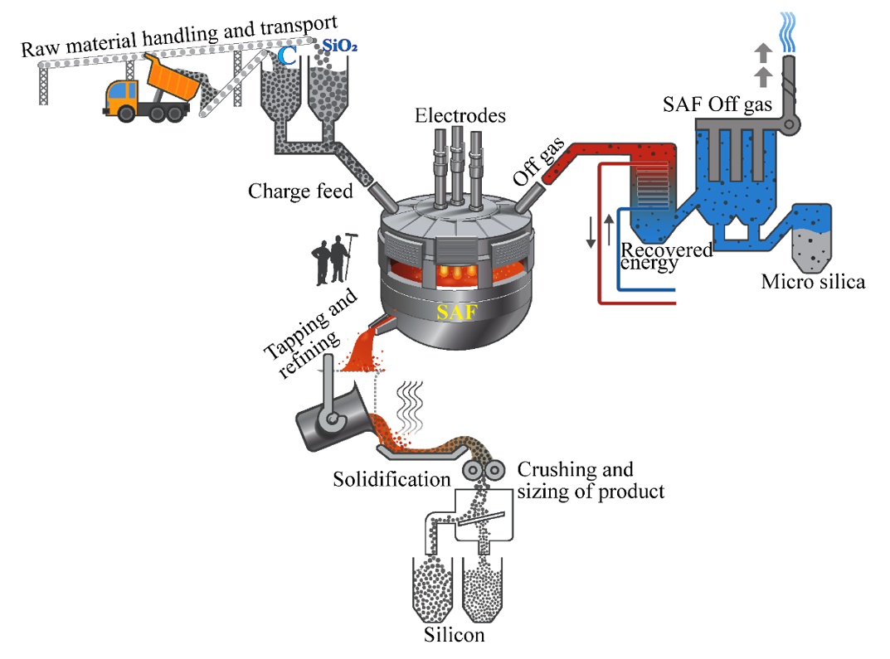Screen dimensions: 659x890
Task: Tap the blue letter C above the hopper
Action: pos(287,56)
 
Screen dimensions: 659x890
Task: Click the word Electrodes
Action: pos(460,116)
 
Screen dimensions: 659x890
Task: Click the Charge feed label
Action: pos(300,191)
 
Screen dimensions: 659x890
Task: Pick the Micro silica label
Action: pos(813,282)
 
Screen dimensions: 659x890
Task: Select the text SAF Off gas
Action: pos(718,105)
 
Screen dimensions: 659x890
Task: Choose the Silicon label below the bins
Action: pos(454,636)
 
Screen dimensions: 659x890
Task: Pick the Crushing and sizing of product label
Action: pos(591,481)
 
